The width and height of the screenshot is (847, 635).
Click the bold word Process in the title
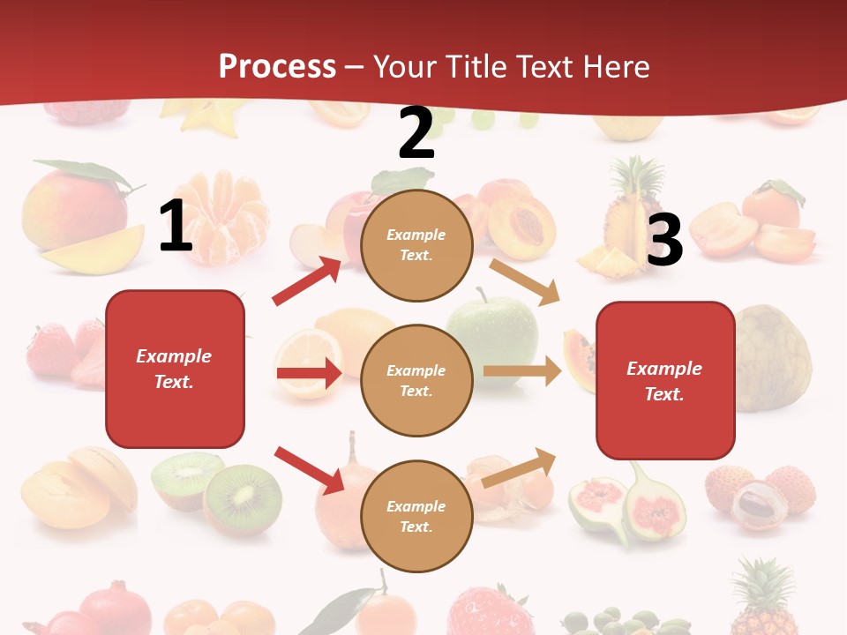(277, 66)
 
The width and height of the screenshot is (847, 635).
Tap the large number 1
(176, 227)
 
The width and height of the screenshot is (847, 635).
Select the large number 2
(416, 133)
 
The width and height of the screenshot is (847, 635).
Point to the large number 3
(664, 240)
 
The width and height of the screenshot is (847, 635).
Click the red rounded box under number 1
(175, 369)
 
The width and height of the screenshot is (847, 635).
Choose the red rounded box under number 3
(665, 380)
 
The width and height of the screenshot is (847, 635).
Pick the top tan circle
(416, 245)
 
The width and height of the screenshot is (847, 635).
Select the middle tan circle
(416, 380)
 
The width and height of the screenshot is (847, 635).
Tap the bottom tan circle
(416, 516)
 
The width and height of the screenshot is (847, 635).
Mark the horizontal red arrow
(309, 373)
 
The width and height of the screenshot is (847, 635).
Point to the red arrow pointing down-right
(309, 470)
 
